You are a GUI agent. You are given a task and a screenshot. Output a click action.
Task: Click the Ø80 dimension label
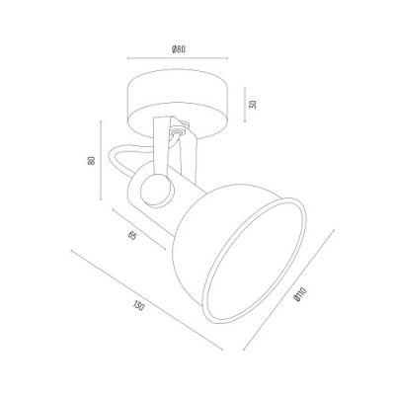[x=179, y=50]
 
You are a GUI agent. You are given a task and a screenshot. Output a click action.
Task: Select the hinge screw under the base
[x=180, y=129]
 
